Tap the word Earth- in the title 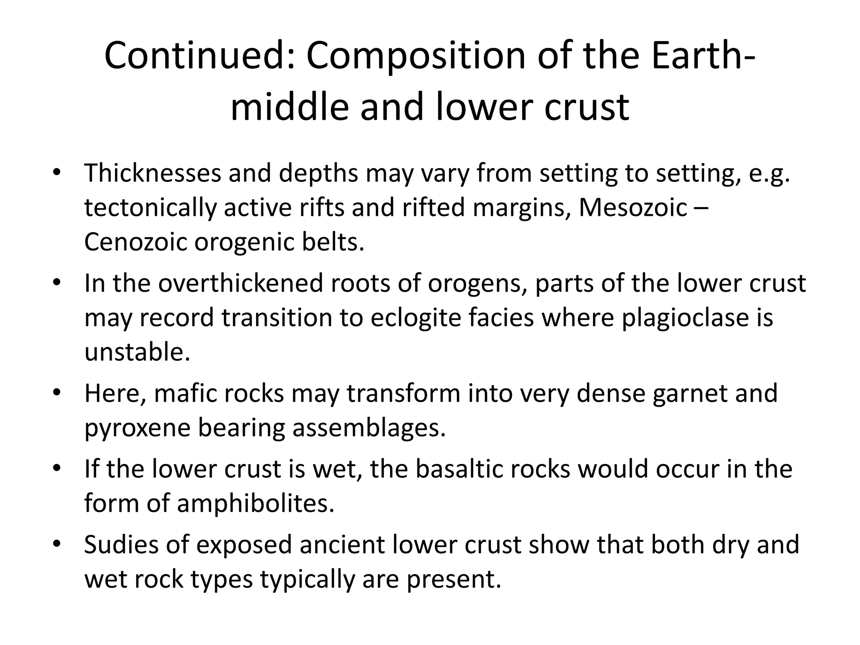pyautogui.click(x=703, y=56)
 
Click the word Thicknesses pyautogui.click(x=152, y=173)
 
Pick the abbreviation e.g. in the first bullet pyautogui.click(x=769, y=173)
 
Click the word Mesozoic pyautogui.click(x=633, y=207)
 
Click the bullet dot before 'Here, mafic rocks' pyautogui.click(x=57, y=393)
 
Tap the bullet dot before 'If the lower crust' pyautogui.click(x=57, y=469)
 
